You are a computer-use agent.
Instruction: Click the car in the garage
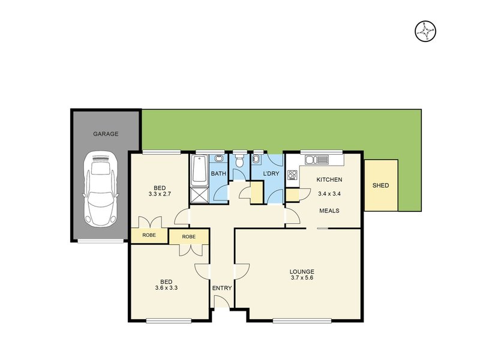(x=100, y=188)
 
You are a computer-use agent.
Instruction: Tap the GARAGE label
(x=105, y=134)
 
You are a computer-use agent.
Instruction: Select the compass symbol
(x=425, y=31)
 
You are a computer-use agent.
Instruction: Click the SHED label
(x=380, y=185)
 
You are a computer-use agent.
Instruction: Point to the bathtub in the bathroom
(x=199, y=169)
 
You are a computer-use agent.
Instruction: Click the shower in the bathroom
(x=199, y=194)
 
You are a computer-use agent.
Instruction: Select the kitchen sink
(x=316, y=160)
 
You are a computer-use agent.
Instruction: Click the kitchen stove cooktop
(x=293, y=175)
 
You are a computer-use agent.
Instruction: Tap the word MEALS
(x=329, y=211)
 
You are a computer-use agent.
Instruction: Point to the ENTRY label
(x=221, y=289)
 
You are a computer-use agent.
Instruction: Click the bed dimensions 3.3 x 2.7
(x=160, y=194)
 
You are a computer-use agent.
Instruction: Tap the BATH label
(x=218, y=174)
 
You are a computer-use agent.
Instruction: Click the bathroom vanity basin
(x=218, y=159)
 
